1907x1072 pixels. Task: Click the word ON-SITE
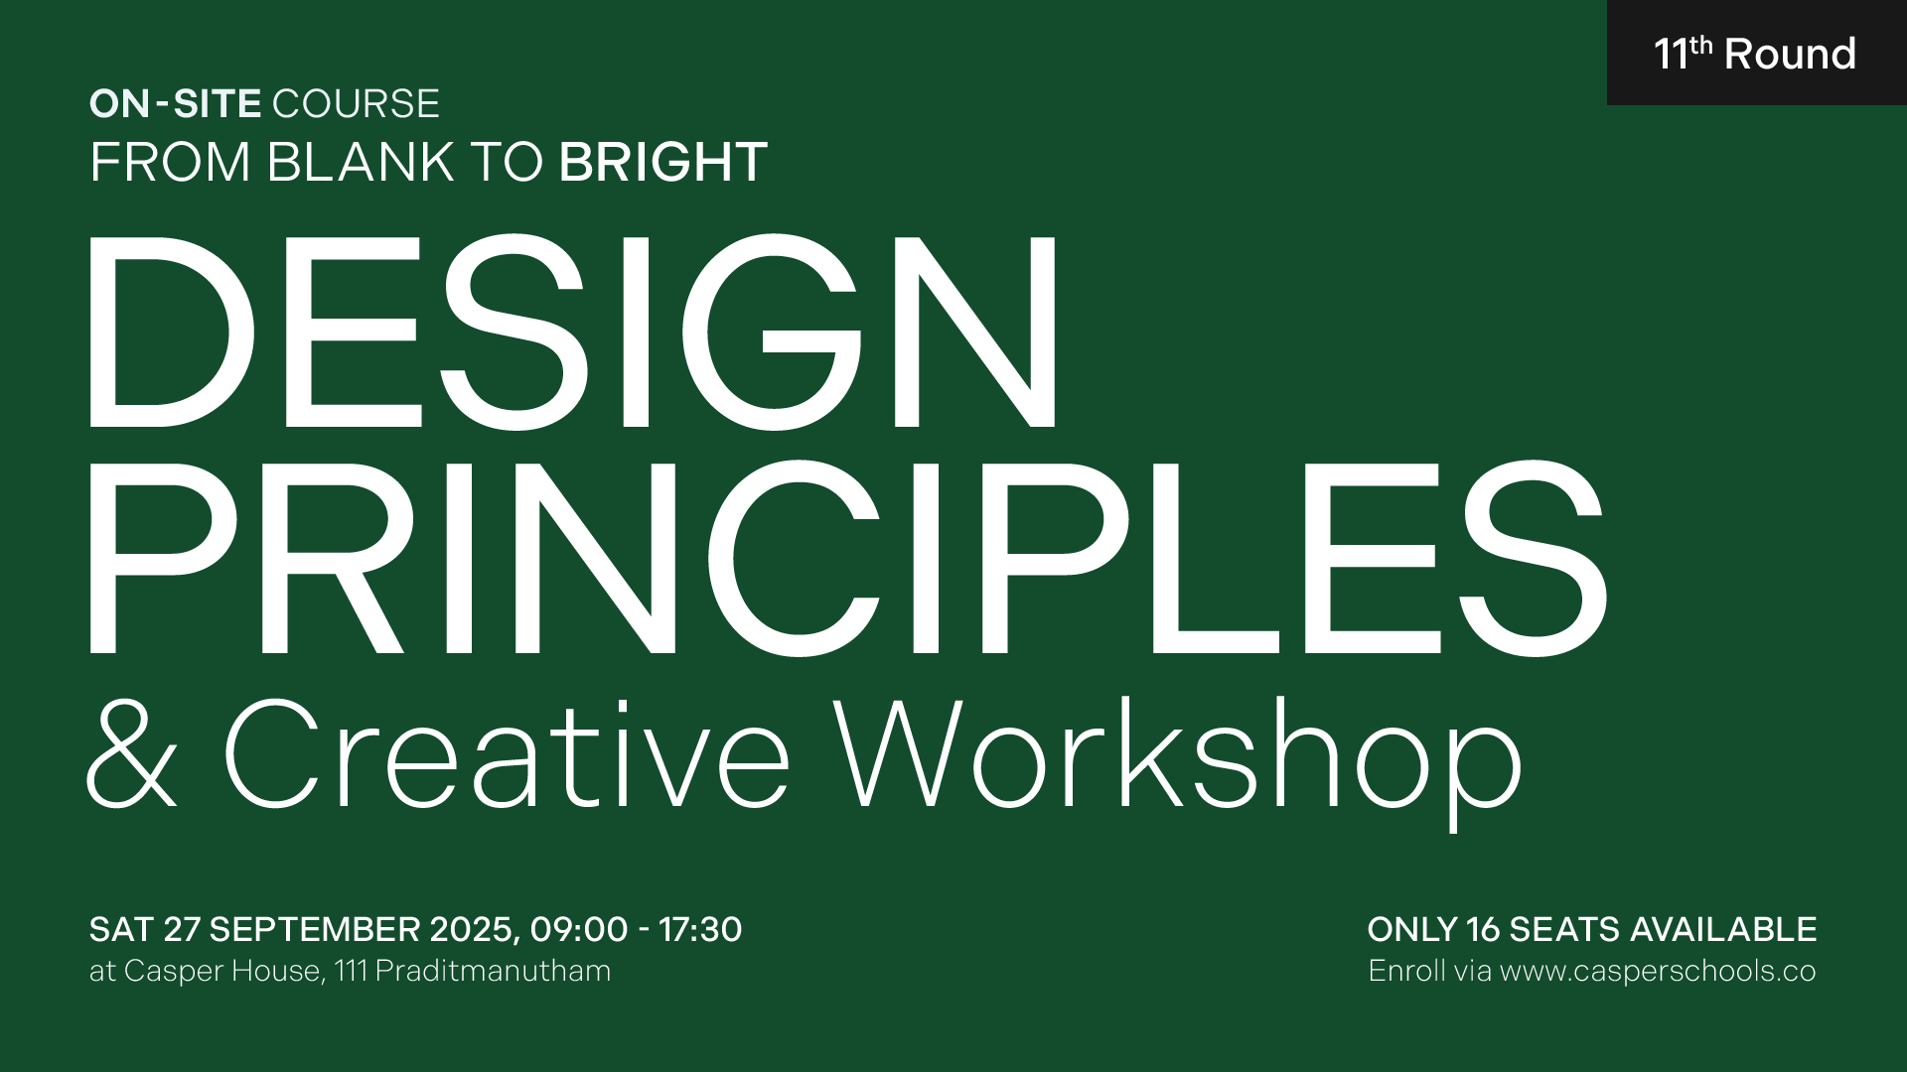pos(175,104)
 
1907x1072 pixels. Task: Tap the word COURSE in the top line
pos(356,104)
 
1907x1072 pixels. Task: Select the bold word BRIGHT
pos(663,162)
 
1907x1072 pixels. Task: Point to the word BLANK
pos(361,162)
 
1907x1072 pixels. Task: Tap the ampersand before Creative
pos(132,753)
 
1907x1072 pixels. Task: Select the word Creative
pos(508,753)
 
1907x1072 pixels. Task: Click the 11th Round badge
pos(1756,53)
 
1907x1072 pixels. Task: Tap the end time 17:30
pos(700,930)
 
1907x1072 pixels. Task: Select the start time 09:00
pos(579,930)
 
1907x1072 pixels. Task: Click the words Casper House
pos(223,971)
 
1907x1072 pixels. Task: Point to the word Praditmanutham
pos(494,970)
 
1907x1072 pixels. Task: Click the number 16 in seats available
pos(1482,930)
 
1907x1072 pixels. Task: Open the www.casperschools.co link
pos(1658,971)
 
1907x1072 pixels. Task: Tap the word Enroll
pos(1406,970)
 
